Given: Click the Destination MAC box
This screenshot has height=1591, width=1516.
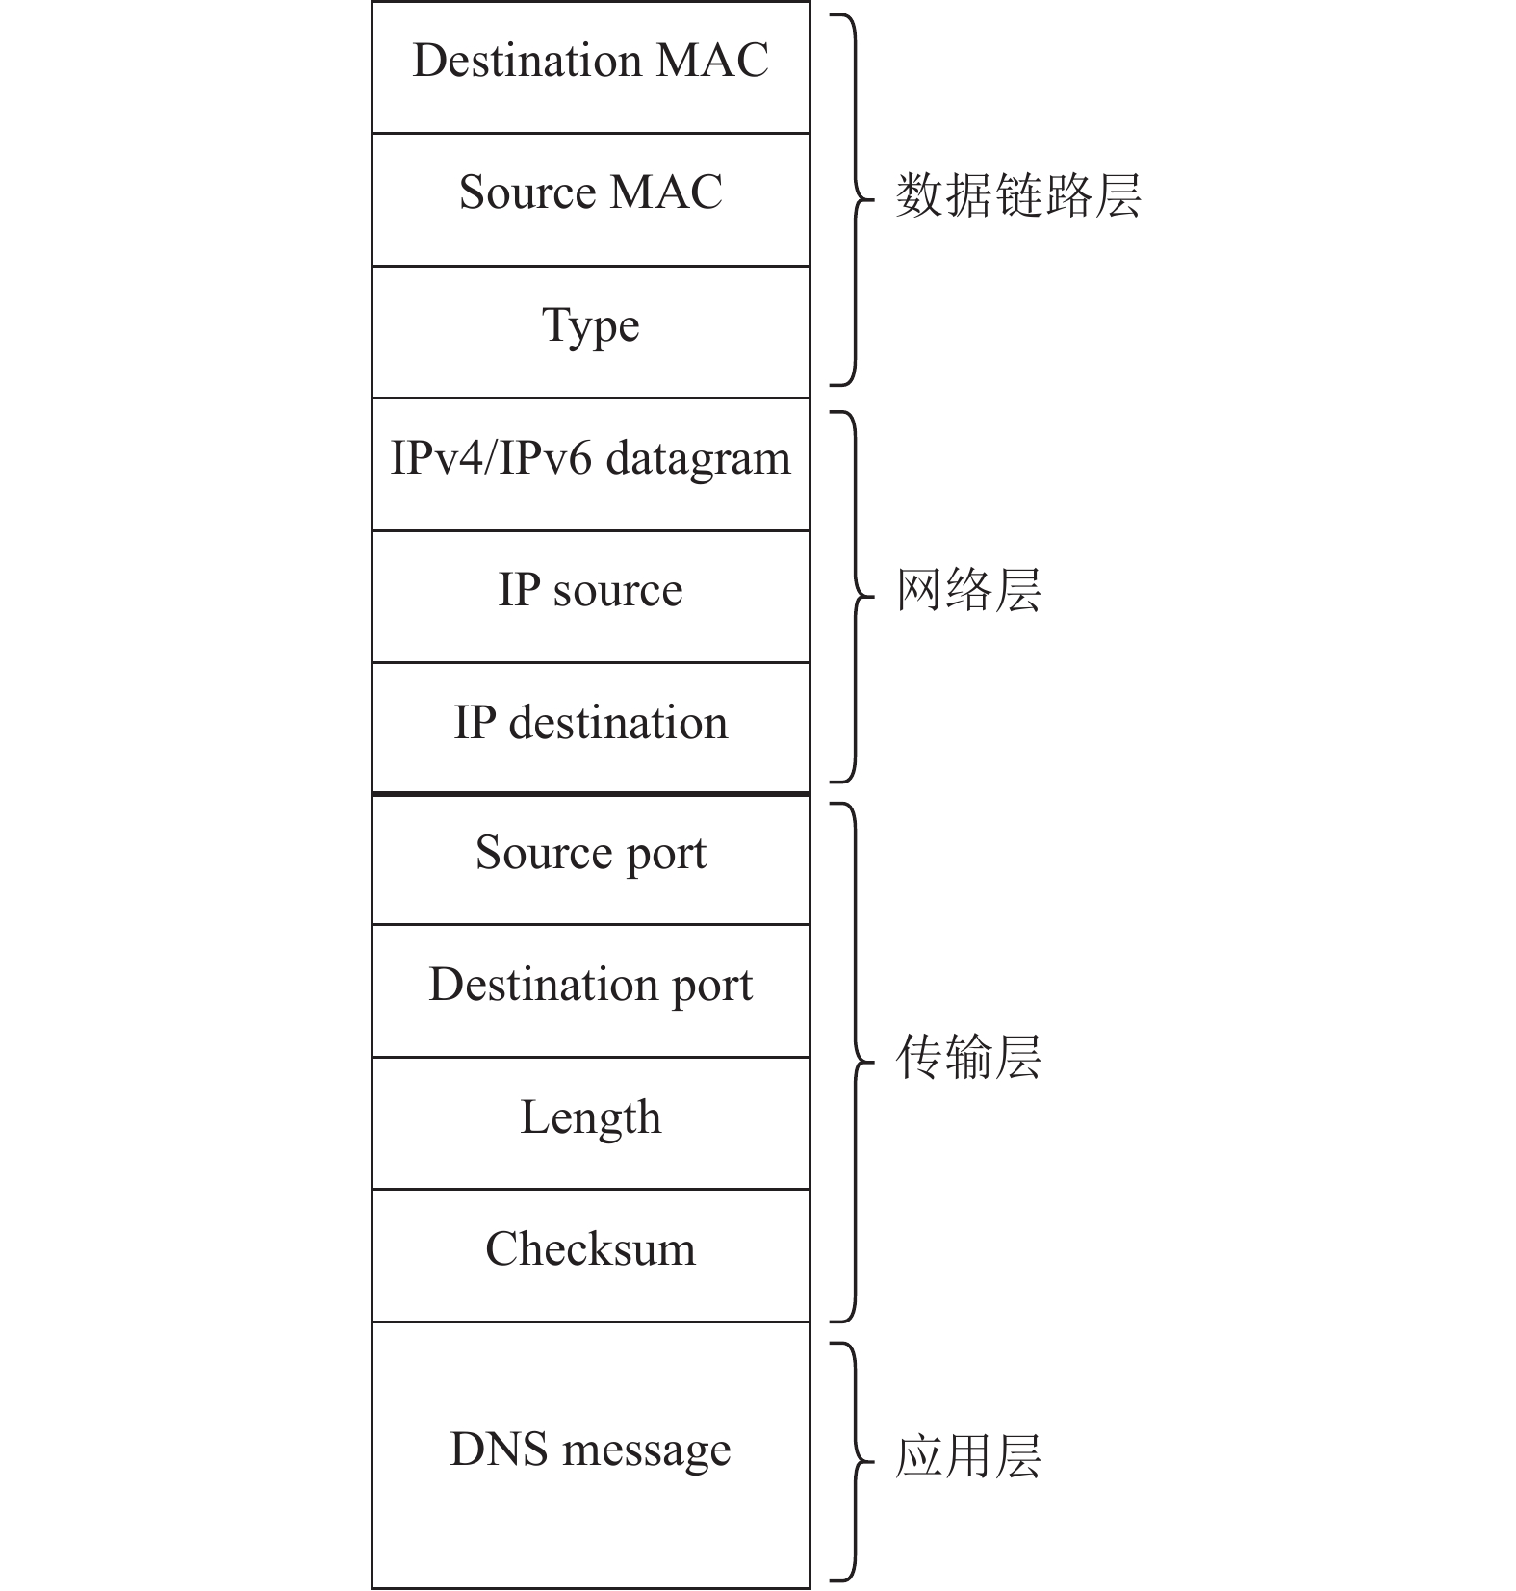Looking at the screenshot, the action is click(590, 67).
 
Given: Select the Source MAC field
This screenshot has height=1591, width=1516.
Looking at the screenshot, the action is click(590, 199).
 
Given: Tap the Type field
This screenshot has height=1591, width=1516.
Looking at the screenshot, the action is click(590, 332).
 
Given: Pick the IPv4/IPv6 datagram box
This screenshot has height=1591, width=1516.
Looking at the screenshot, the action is click(590, 464).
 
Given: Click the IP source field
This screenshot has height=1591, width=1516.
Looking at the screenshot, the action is click(590, 597).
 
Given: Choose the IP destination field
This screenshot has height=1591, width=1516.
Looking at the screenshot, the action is click(590, 729).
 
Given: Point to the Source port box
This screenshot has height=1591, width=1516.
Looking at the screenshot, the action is click(590, 860).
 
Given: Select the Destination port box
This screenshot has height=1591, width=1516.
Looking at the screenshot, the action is click(590, 991).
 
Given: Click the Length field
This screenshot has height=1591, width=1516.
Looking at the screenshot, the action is click(590, 1123).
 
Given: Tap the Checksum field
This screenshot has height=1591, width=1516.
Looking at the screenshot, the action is click(590, 1256).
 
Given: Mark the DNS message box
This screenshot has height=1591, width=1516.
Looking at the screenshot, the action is click(590, 1455).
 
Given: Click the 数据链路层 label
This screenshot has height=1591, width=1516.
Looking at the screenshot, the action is click(1017, 196).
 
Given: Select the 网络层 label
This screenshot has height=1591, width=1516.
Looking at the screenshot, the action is click(968, 590).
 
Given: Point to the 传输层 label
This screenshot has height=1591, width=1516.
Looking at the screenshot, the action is click(968, 1057).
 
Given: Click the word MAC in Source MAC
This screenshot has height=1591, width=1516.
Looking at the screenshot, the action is click(666, 192).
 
